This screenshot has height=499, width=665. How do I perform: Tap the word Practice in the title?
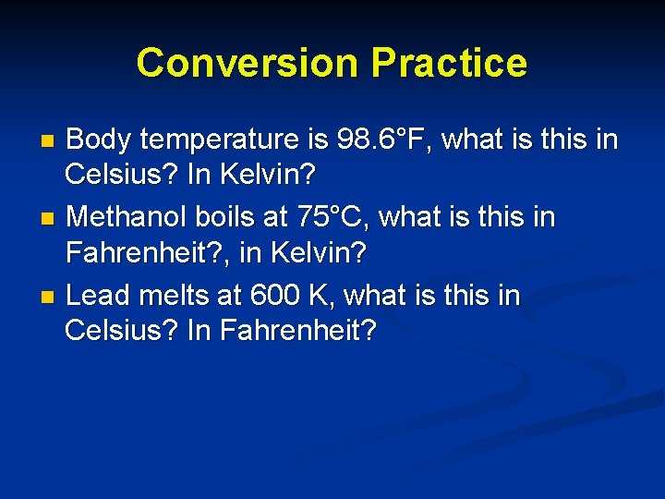(x=449, y=63)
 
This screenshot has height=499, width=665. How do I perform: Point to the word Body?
(x=101, y=140)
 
